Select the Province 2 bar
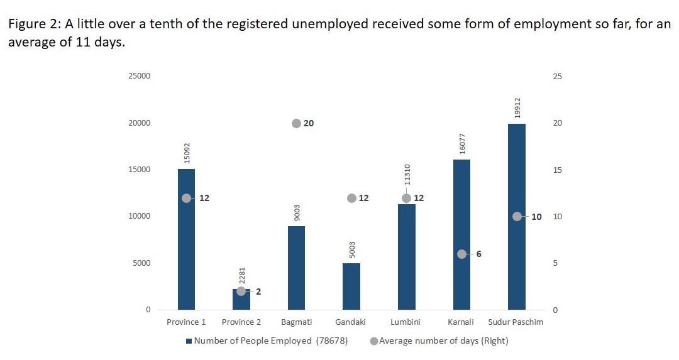point(241,300)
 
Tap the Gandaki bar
point(351,286)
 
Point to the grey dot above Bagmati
point(296,123)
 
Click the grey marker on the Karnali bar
point(461,254)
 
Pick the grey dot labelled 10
point(517,216)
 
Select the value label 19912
point(517,108)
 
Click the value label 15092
point(187,153)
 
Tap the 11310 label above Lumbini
point(407,180)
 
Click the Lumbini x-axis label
point(406,322)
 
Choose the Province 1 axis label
point(186,322)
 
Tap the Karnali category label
point(461,322)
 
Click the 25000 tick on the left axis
point(139,76)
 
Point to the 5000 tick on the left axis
point(141,263)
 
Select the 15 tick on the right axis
point(557,170)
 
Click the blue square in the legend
point(189,341)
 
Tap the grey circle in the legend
point(374,341)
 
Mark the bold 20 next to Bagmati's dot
point(309,123)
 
